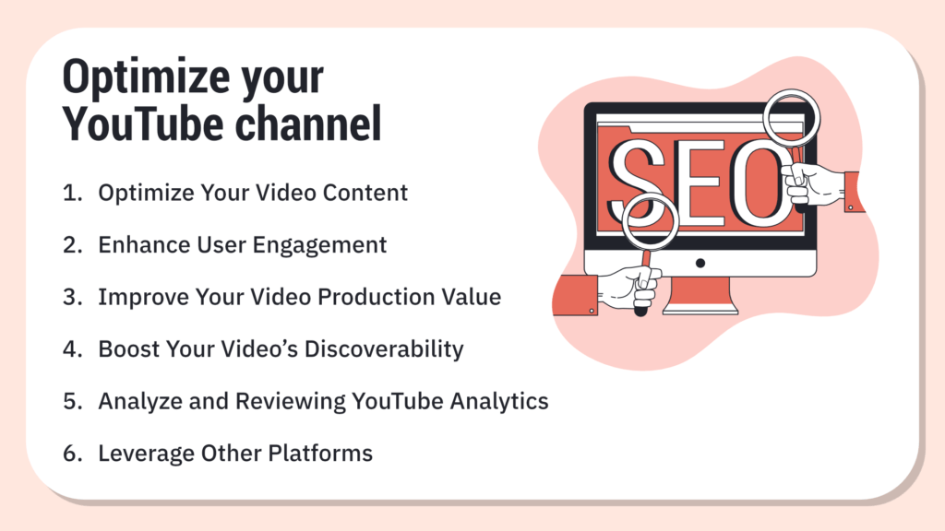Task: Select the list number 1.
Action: point(70,194)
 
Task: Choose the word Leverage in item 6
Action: point(143,454)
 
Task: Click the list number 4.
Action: point(71,349)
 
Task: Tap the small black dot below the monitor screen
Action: point(700,263)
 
